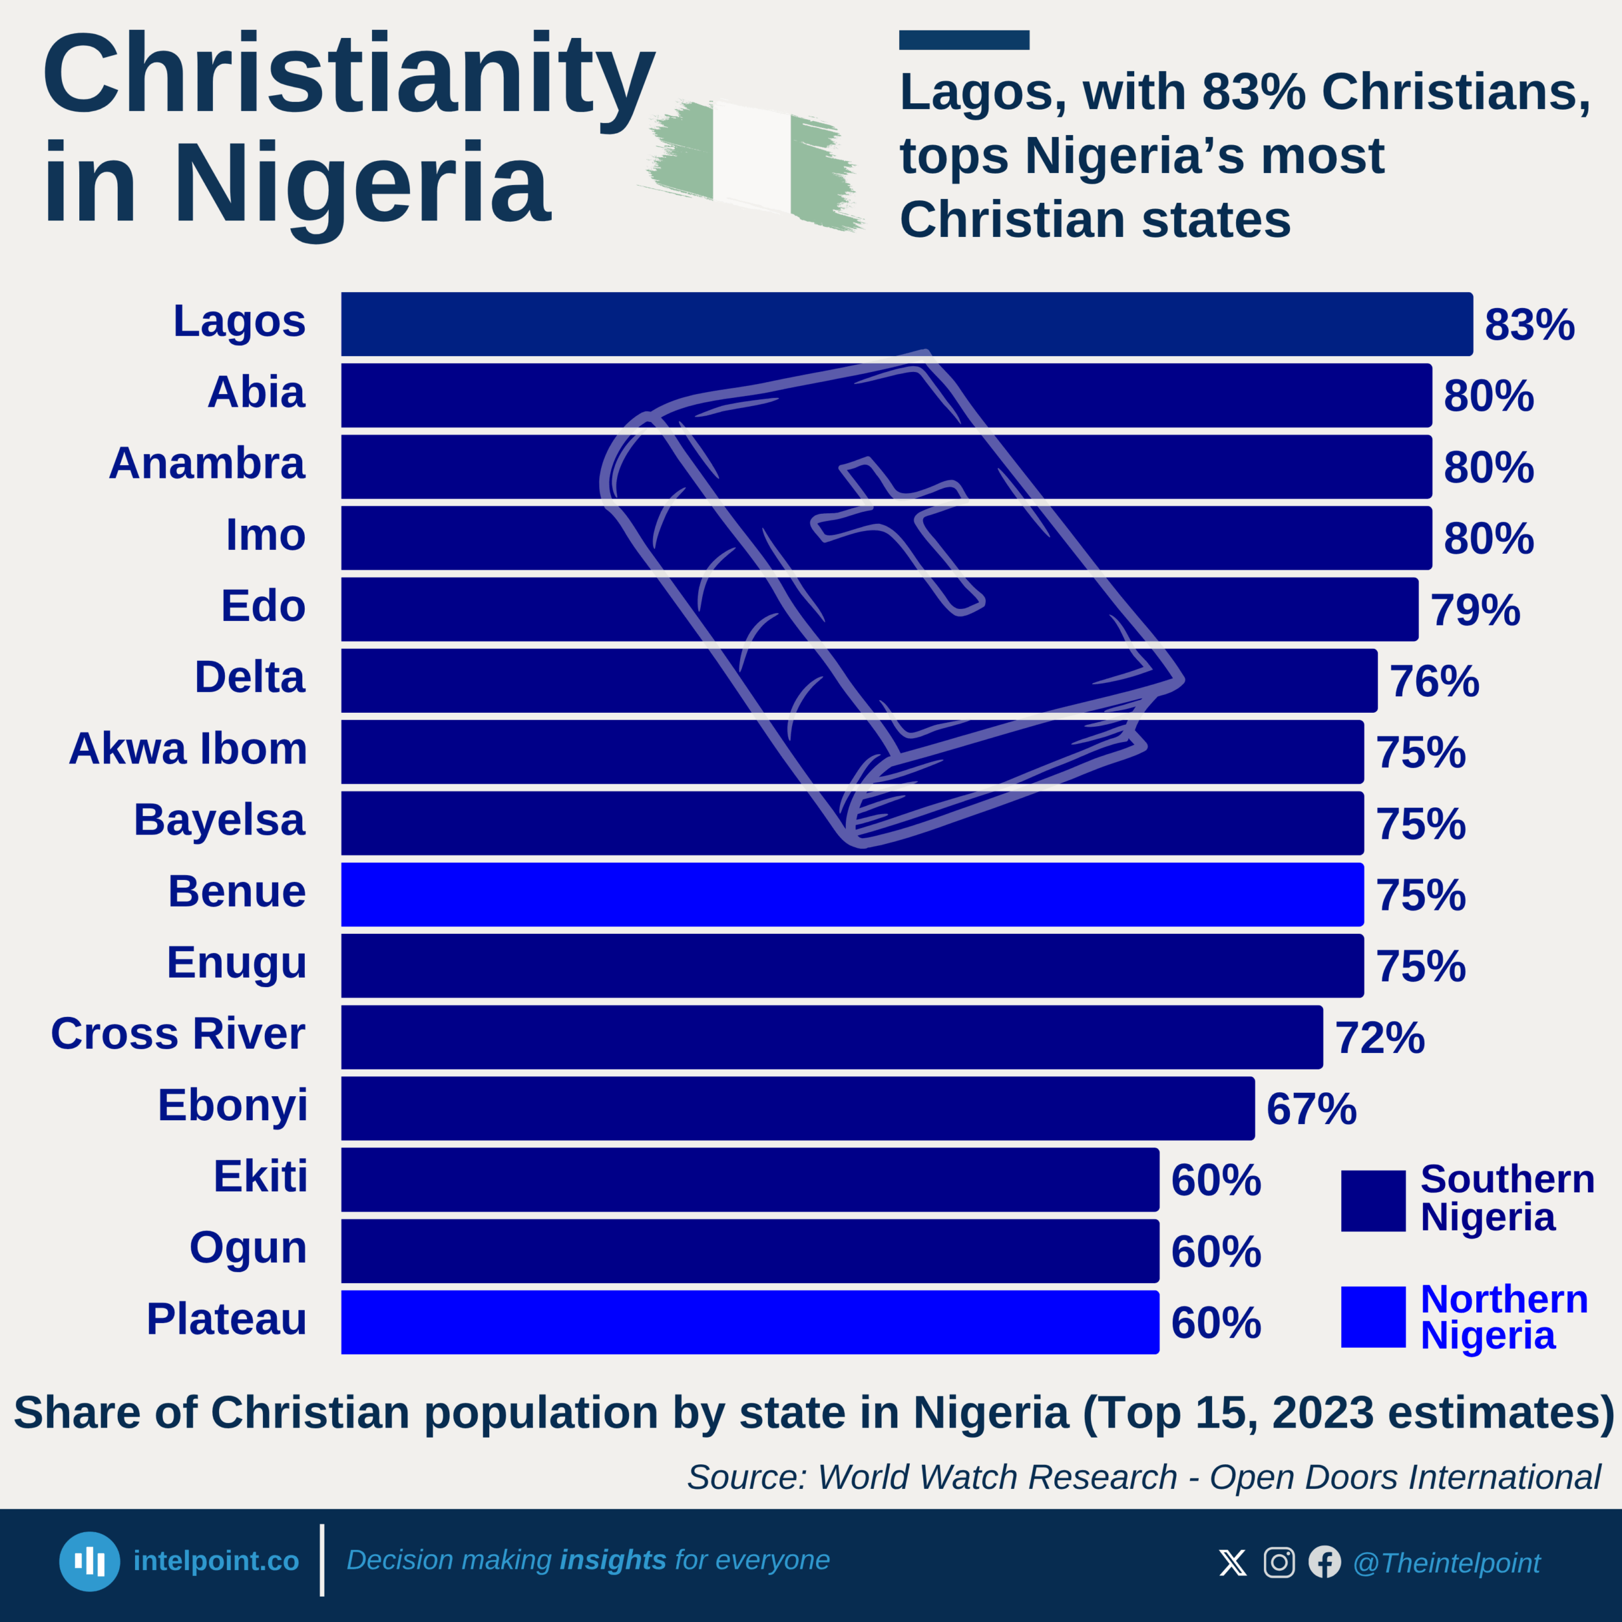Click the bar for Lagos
pyautogui.click(x=907, y=324)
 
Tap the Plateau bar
pyautogui.click(x=750, y=1322)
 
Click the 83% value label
pyautogui.click(x=1529, y=325)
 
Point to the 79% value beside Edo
pyautogui.click(x=1475, y=610)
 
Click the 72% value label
pyautogui.click(x=1380, y=1038)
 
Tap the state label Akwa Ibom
pyautogui.click(x=188, y=748)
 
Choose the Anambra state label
pyautogui.click(x=207, y=463)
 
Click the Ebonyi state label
pyautogui.click(x=233, y=1105)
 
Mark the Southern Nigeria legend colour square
pyautogui.click(x=1372, y=1201)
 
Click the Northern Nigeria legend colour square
pyautogui.click(x=1372, y=1317)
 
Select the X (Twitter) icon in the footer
pyautogui.click(x=1232, y=1562)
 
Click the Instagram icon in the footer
pyautogui.click(x=1279, y=1562)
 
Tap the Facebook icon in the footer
pyautogui.click(x=1325, y=1562)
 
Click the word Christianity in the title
pyautogui.click(x=348, y=75)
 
